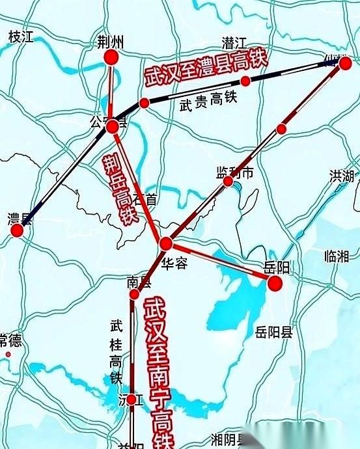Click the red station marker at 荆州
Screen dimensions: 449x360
[111, 59]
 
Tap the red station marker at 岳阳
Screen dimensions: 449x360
[275, 283]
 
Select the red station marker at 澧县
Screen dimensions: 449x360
[18, 230]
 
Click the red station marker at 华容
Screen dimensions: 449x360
[166, 244]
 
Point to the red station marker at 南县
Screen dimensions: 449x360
[134, 295]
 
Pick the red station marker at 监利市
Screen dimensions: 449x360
[228, 182]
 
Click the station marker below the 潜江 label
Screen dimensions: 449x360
[245, 81]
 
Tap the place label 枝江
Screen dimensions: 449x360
[21, 37]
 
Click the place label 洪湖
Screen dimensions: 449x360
[342, 176]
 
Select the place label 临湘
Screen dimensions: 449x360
[336, 256]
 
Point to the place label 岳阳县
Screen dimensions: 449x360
[274, 333]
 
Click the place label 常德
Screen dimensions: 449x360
[10, 340]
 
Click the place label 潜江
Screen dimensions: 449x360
[234, 43]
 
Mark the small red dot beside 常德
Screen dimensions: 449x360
[8, 355]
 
